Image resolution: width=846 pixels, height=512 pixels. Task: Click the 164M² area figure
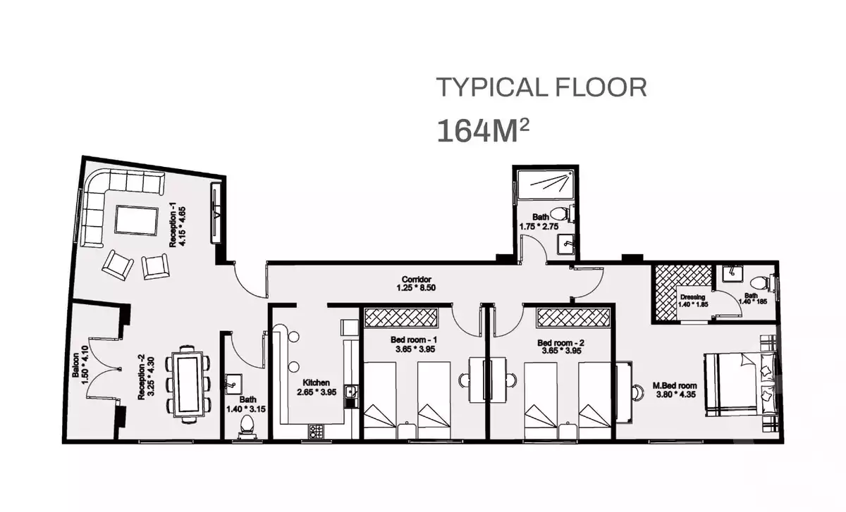(x=483, y=130)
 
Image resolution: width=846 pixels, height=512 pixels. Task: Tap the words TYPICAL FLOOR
(x=541, y=87)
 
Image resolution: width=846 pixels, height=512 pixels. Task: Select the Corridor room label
(x=416, y=280)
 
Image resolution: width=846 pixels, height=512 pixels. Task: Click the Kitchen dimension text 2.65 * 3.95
(x=317, y=392)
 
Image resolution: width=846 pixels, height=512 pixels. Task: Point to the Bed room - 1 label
(x=414, y=340)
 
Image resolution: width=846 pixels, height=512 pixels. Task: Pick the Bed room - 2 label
(x=561, y=343)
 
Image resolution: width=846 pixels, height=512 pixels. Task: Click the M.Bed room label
(x=675, y=386)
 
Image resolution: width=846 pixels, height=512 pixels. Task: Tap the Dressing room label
(x=692, y=297)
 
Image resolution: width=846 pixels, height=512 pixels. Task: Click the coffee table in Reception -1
(x=136, y=220)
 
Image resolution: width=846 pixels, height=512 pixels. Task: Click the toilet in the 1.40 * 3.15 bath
(x=247, y=427)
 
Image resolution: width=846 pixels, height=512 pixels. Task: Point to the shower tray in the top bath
(x=546, y=185)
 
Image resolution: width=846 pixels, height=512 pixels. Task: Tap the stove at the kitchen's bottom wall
(x=316, y=431)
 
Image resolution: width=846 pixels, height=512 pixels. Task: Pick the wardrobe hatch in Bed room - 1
(x=400, y=318)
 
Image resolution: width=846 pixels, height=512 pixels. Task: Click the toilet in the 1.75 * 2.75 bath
(x=561, y=214)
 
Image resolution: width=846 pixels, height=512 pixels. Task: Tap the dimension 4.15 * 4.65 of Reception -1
(x=183, y=226)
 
